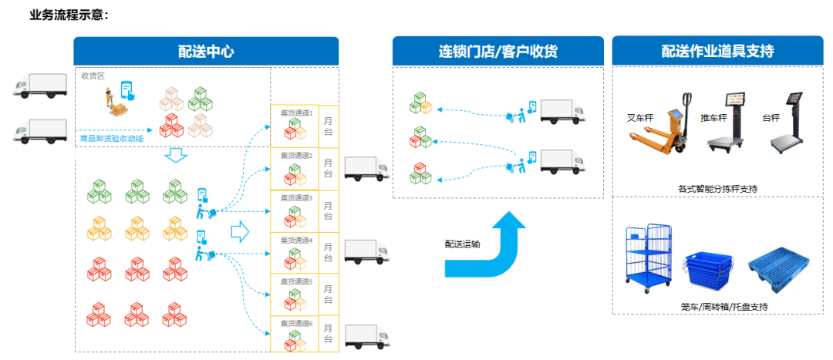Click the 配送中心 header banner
pyautogui.click(x=206, y=52)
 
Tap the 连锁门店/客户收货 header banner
pyautogui.click(x=497, y=52)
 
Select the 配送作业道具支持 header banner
pyautogui.click(x=717, y=52)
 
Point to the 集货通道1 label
pyautogui.click(x=296, y=113)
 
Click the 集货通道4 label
pyautogui.click(x=296, y=241)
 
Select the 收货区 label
pyautogui.click(x=93, y=76)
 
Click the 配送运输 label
pyautogui.click(x=462, y=244)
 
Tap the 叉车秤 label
pyautogui.click(x=640, y=119)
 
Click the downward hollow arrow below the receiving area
pyautogui.click(x=177, y=156)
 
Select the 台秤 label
pyautogui.click(x=769, y=118)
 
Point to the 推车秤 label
pyautogui.click(x=710, y=119)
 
